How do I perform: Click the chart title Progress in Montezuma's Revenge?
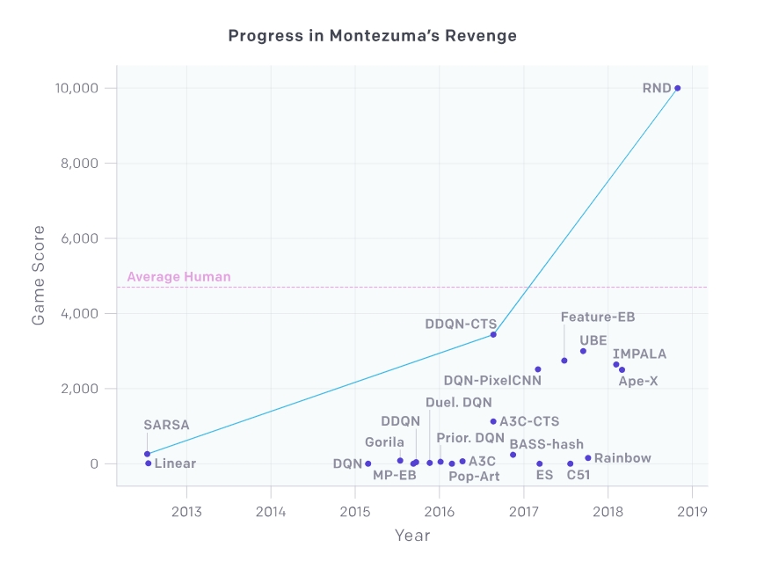tap(372, 36)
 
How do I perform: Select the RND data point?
tap(677, 88)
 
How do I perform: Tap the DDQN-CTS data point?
tap(493, 334)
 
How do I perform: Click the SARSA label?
tap(165, 425)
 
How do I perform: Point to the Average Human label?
tap(178, 277)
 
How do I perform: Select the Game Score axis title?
tap(39, 275)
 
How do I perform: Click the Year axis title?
tap(411, 535)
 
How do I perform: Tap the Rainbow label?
tap(622, 458)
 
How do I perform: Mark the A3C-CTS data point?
tap(493, 421)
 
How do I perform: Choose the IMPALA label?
tap(639, 354)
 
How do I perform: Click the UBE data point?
tap(583, 351)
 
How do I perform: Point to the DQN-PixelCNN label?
tap(492, 381)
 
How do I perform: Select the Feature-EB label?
tap(597, 317)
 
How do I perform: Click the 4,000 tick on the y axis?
tap(80, 313)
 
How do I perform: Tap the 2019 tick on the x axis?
tap(692, 511)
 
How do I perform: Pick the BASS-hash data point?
tap(513, 455)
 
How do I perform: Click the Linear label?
tap(175, 463)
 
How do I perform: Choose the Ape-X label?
tap(637, 381)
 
